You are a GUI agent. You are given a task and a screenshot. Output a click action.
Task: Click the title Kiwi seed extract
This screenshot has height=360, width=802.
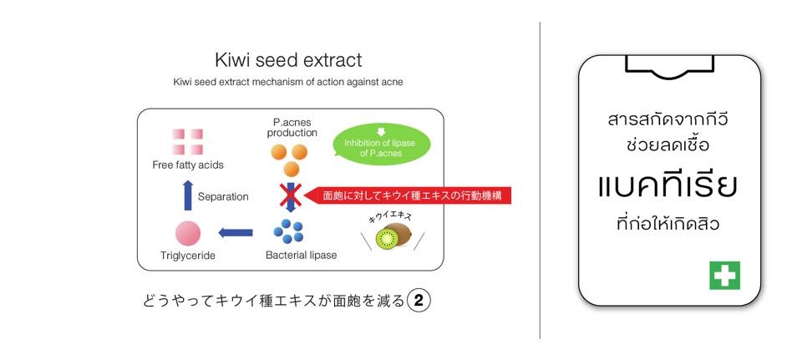tap(288, 61)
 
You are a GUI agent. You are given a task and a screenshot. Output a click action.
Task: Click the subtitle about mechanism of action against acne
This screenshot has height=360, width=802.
tap(288, 82)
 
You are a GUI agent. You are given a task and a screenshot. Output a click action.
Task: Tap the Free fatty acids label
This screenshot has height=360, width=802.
tap(188, 165)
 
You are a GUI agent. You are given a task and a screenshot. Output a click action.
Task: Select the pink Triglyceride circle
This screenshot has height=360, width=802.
tap(188, 232)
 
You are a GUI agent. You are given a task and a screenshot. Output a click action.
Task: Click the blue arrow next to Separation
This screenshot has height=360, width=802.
tap(188, 196)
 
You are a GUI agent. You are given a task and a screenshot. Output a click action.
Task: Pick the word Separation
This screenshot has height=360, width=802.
tap(223, 197)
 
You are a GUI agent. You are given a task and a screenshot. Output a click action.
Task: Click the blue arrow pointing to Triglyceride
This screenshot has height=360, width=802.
tap(236, 232)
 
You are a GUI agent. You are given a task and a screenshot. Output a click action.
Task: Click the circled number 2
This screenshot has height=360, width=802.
tap(419, 301)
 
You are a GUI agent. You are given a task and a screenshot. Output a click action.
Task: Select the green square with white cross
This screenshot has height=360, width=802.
tap(724, 275)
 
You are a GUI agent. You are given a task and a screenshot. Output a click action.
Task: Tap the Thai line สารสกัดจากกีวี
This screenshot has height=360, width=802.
tap(668, 119)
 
